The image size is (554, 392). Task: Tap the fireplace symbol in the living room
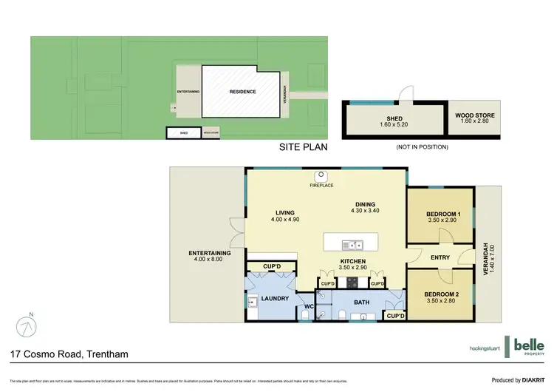(321, 176)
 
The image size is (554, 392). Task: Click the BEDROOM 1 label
(443, 215)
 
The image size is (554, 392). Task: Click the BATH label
(361, 302)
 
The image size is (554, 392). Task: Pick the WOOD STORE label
(475, 116)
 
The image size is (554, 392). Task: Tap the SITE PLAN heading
(302, 147)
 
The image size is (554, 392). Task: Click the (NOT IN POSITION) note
(422, 147)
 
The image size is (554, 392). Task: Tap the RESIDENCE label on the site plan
(242, 92)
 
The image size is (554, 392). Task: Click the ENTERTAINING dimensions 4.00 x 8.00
(210, 258)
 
